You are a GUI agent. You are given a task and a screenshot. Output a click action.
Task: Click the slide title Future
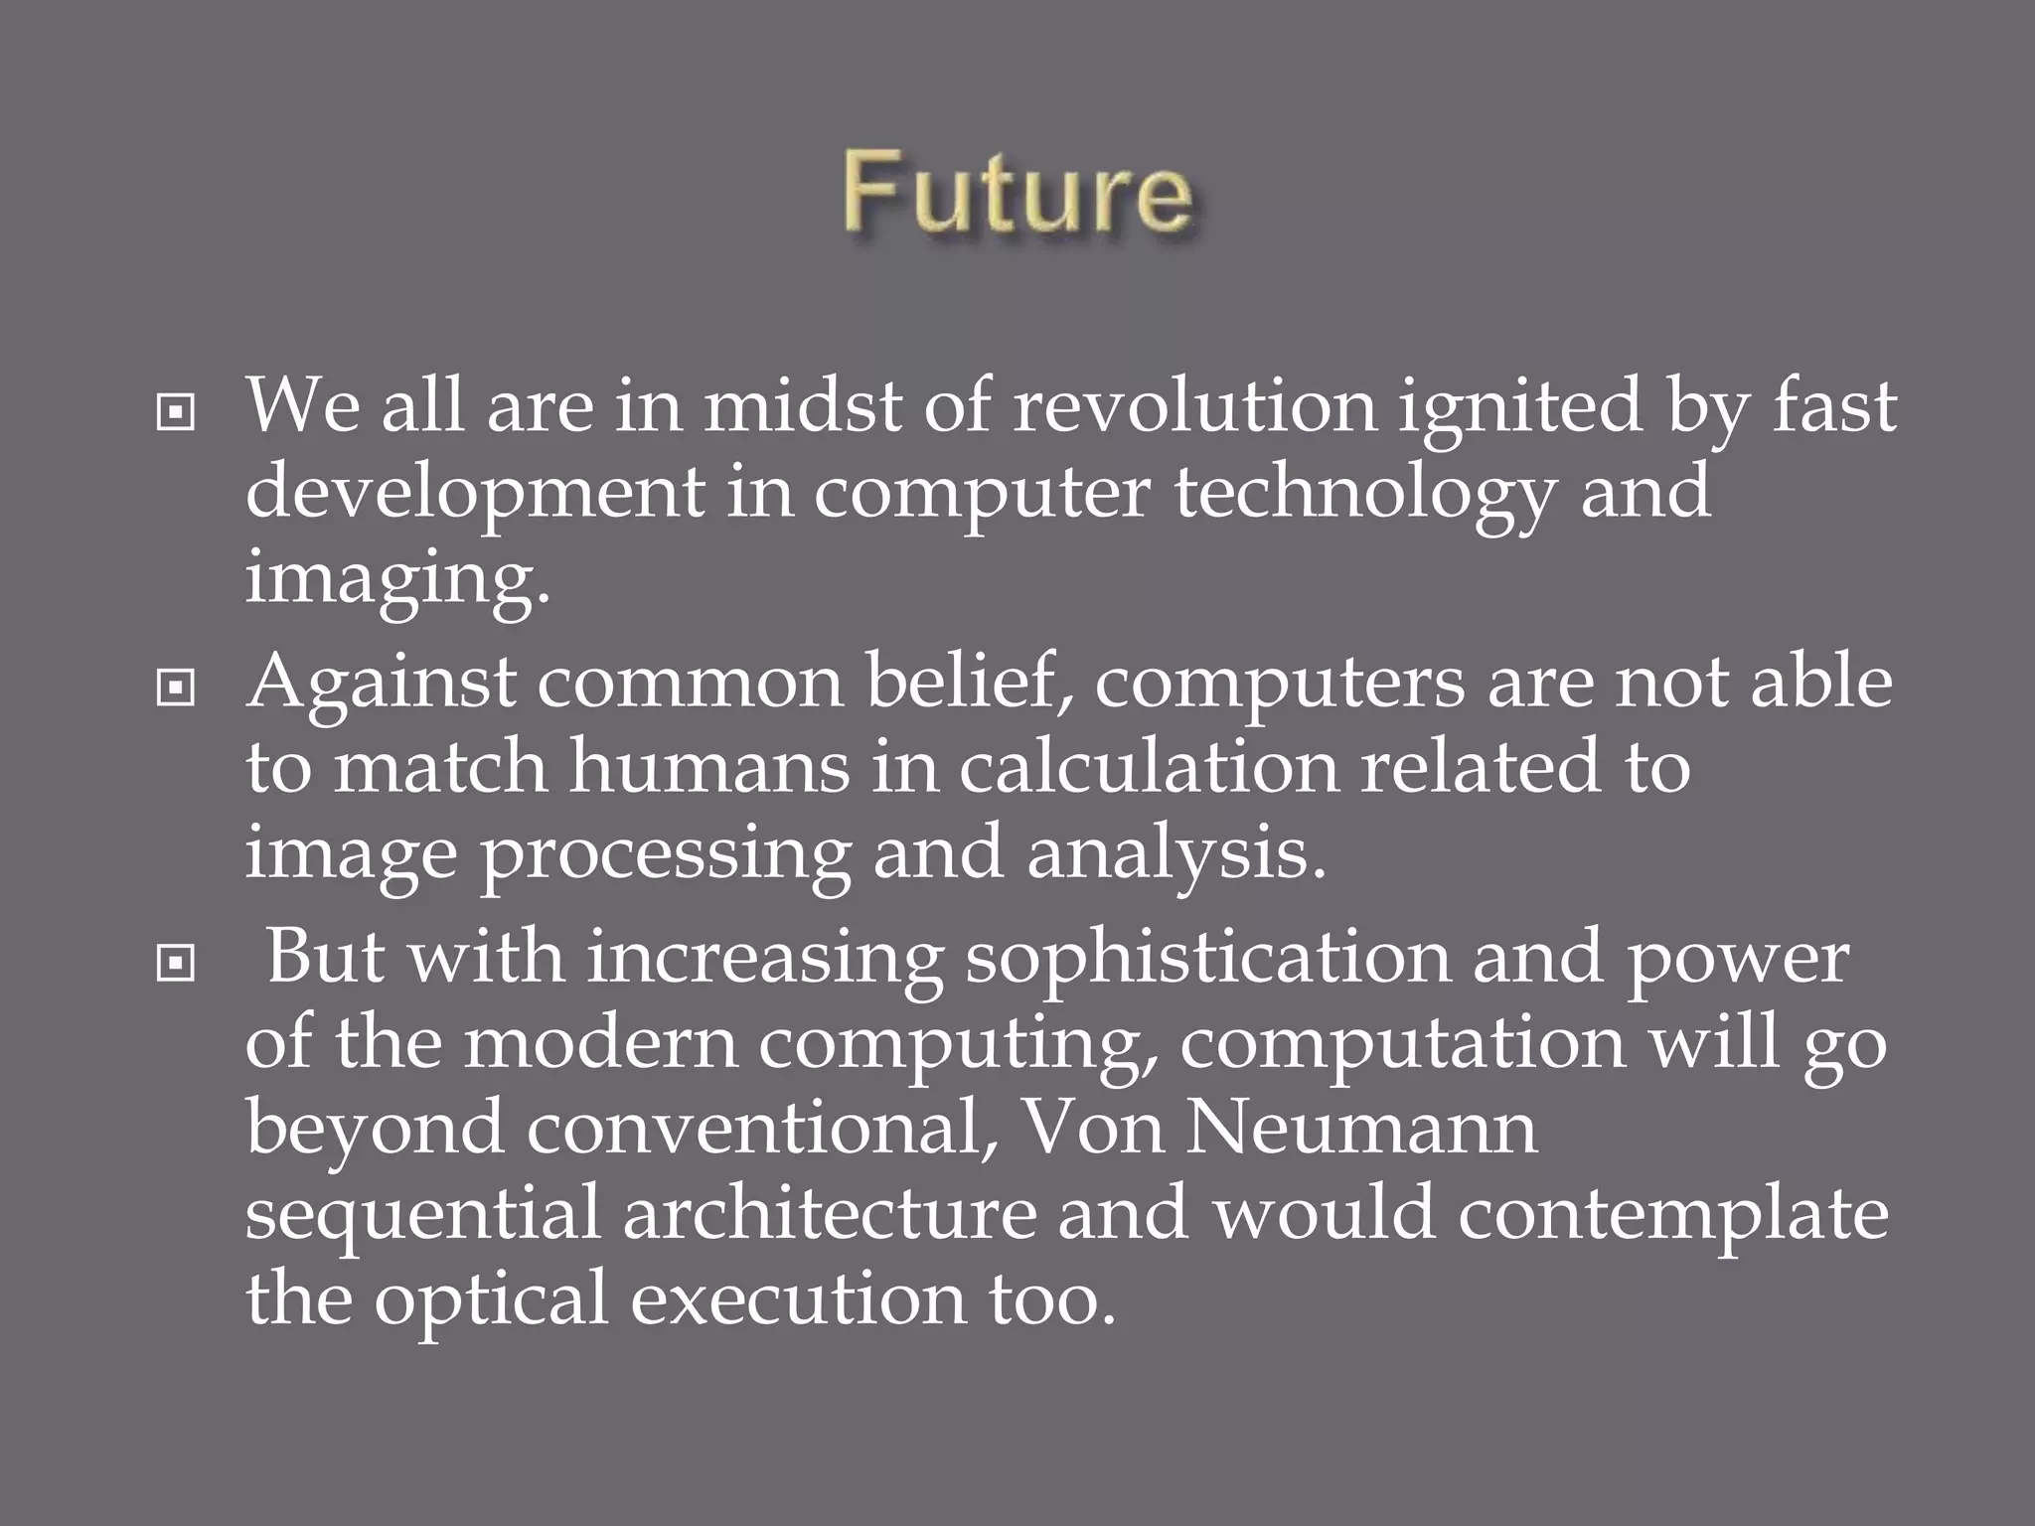[x=1017, y=195]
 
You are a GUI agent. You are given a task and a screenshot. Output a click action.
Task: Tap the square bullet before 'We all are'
[x=176, y=412]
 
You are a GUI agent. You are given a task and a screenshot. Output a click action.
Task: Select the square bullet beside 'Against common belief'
[x=176, y=687]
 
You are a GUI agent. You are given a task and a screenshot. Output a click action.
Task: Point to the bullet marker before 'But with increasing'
[x=176, y=962]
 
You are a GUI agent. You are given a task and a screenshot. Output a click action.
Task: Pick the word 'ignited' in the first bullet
[x=1520, y=407]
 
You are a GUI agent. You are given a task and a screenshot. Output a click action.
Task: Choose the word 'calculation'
[x=1148, y=767]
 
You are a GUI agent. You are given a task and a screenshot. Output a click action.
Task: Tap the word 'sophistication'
[x=1206, y=960]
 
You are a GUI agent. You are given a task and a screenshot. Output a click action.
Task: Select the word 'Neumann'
[x=1361, y=1129]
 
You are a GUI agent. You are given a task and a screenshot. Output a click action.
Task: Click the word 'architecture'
[x=829, y=1214]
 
